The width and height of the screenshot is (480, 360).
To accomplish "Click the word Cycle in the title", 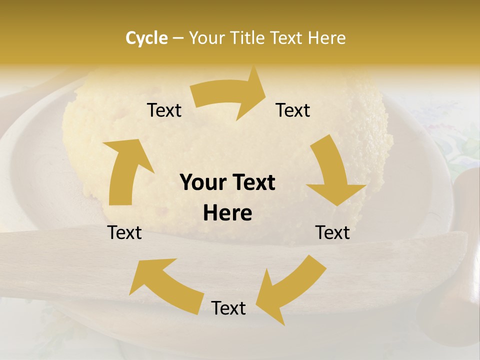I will pyautogui.click(x=146, y=38).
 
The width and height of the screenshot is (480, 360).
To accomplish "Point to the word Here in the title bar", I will pyautogui.click(x=327, y=38).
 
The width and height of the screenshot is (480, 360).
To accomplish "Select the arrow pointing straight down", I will pyautogui.click(x=332, y=172).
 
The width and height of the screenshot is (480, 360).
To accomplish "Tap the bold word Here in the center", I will pyautogui.click(x=227, y=213).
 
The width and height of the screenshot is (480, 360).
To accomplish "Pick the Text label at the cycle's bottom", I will pyautogui.click(x=228, y=308).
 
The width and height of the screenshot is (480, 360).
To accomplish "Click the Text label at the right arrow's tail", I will pyautogui.click(x=164, y=110).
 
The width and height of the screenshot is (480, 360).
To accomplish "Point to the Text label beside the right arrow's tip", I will pyautogui.click(x=293, y=110).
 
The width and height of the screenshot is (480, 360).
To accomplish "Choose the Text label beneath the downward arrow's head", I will pyautogui.click(x=332, y=233).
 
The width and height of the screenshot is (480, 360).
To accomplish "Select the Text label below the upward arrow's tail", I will pyautogui.click(x=124, y=233).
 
